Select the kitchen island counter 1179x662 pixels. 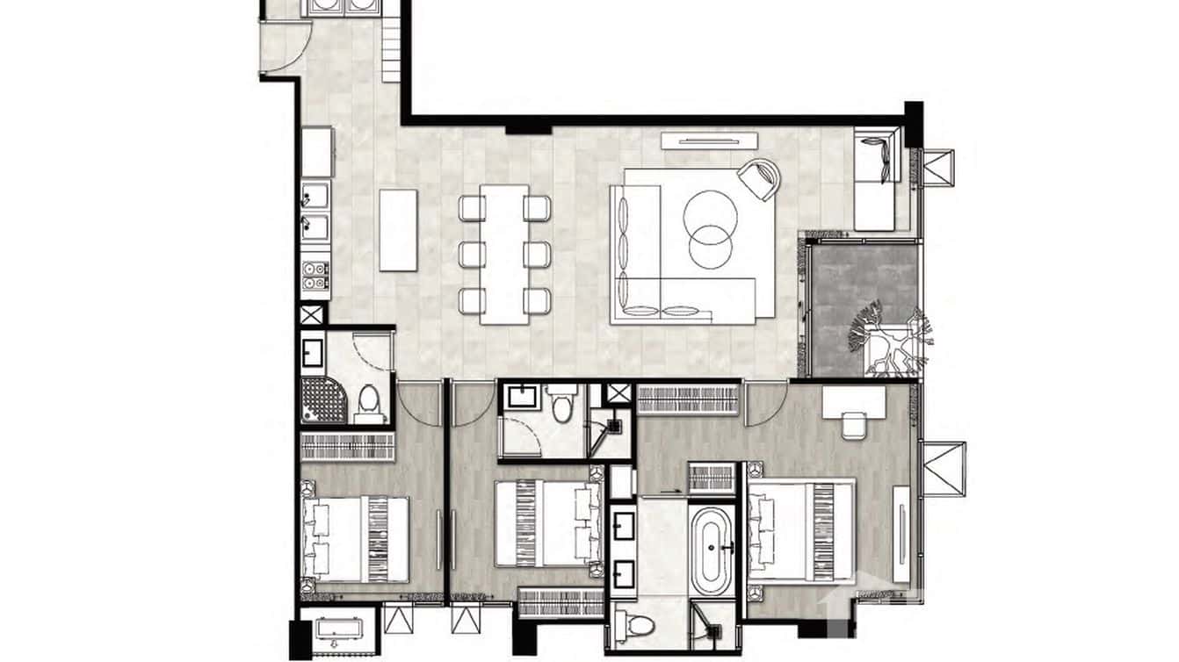[398, 229]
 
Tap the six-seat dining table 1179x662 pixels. [505, 255]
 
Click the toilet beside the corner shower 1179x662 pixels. [370, 405]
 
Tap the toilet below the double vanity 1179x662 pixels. [636, 626]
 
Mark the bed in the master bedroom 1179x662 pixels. [800, 530]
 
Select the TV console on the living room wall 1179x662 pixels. [710, 140]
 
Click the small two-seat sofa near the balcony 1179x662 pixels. [879, 179]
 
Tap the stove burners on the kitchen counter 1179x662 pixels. [315, 274]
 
